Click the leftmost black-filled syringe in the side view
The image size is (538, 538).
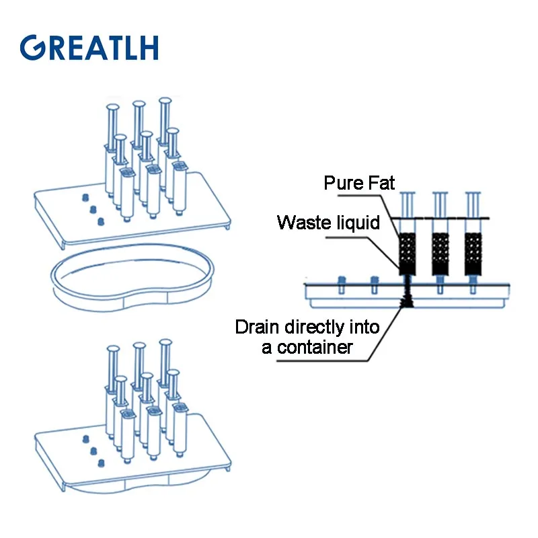click(x=407, y=253)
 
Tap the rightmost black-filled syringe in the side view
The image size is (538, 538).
click(x=473, y=253)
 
